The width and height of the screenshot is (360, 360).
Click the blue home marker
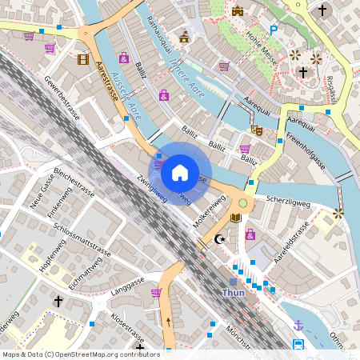pyautogui.click(x=180, y=172)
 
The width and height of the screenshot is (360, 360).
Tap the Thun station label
pyautogui.click(x=234, y=294)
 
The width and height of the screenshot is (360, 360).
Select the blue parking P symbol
pyautogui.click(x=274, y=30)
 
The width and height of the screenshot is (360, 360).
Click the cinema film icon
pyautogui.click(x=83, y=58)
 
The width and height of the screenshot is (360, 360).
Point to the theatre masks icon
pyautogui.click(x=257, y=129)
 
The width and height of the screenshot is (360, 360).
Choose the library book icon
pyautogui.click(x=235, y=217)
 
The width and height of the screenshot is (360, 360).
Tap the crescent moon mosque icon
pyautogui.click(x=222, y=239)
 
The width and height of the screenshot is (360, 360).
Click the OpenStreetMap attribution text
pyautogui.click(x=81, y=354)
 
